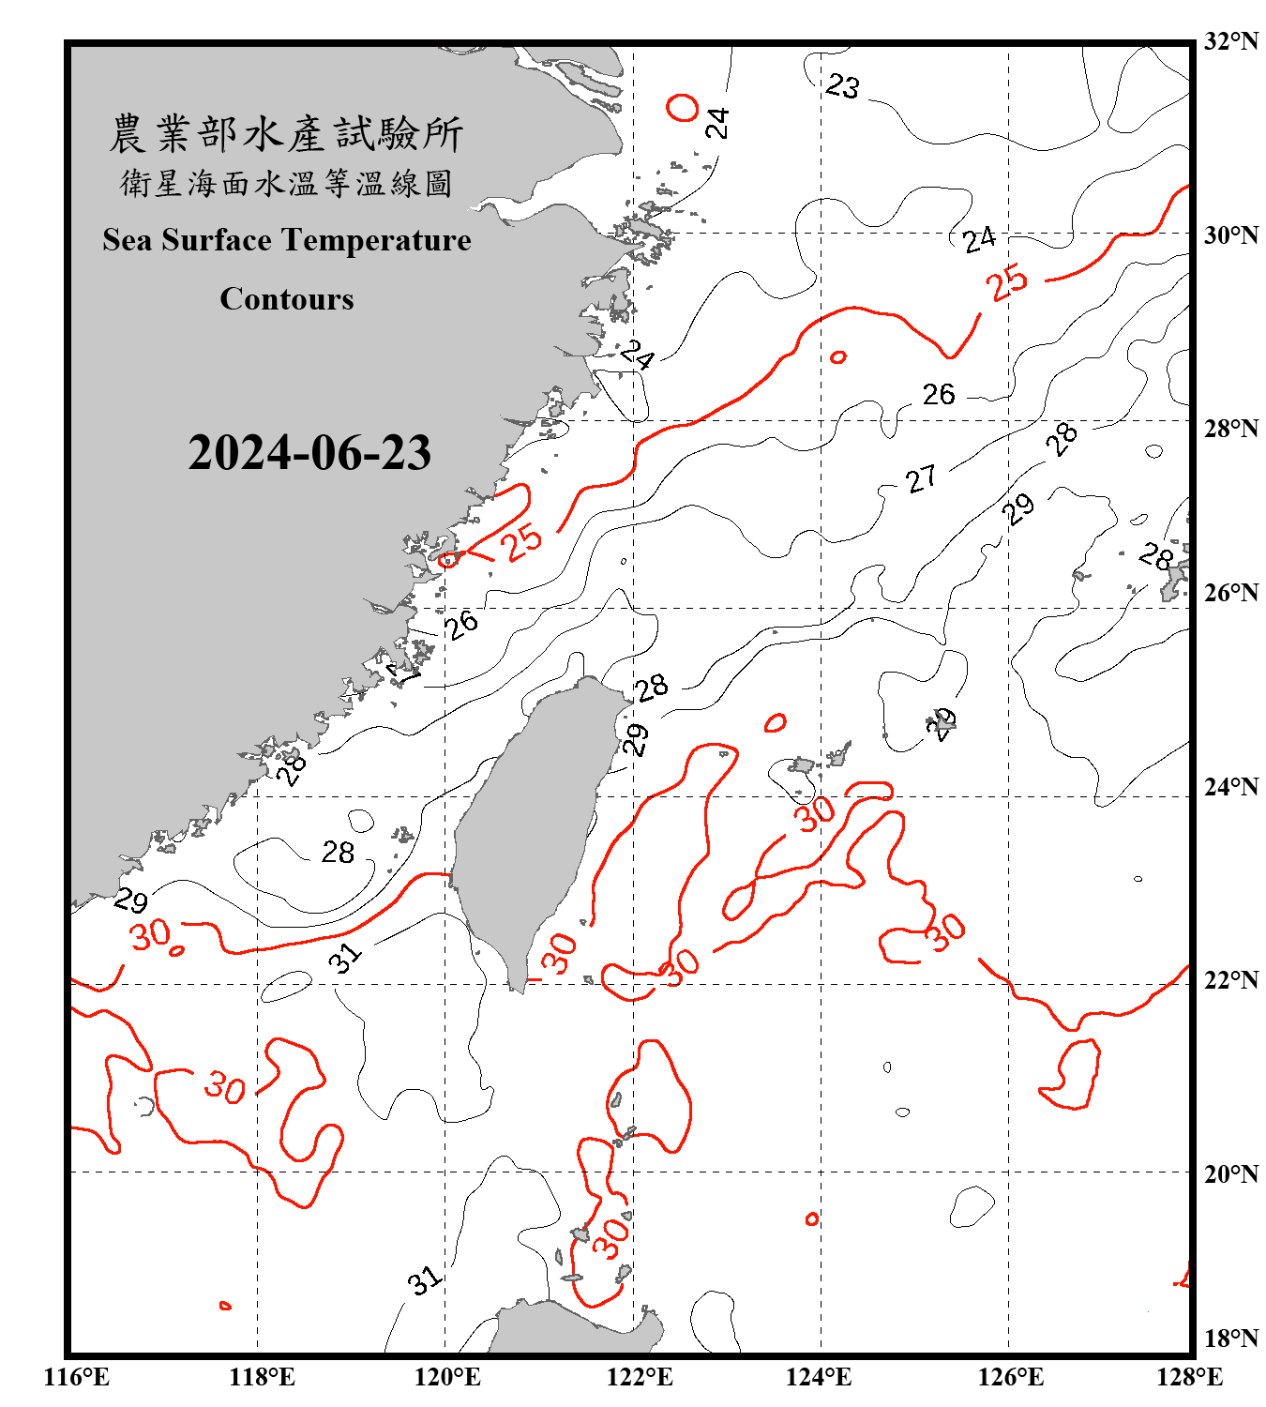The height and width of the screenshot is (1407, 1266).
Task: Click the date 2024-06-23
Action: coord(309,453)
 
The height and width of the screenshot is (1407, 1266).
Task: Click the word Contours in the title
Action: coord(287,299)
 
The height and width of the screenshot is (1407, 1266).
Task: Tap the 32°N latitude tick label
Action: coord(1230,41)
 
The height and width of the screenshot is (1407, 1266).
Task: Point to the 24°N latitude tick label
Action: coord(1230,786)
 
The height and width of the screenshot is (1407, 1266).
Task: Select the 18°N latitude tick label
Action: coord(1230,1339)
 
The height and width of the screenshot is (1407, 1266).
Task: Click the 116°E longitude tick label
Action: coord(77,1377)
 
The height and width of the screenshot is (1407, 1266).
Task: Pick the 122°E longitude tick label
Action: coord(640,1377)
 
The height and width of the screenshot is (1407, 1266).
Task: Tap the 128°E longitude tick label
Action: coord(1189,1377)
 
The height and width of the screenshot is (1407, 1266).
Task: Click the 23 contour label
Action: coord(842,87)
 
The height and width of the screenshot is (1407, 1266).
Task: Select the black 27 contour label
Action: coord(921,479)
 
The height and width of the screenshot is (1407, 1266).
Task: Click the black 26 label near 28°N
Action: coord(939,395)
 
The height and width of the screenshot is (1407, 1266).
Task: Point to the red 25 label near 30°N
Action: coord(1007,282)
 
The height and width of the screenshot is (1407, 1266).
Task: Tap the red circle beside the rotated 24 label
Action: coord(683,107)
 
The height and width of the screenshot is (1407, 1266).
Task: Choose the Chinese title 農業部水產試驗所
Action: coord(286,134)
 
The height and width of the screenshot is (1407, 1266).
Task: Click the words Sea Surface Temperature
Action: coord(287,240)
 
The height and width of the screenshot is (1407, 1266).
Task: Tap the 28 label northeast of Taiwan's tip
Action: coord(652,688)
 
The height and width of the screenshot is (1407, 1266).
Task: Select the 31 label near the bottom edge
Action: coord(424,1280)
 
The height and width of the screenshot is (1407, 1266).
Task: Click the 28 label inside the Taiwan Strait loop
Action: coord(338,852)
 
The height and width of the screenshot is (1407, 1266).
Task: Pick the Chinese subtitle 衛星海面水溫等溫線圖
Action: coord(286,183)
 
